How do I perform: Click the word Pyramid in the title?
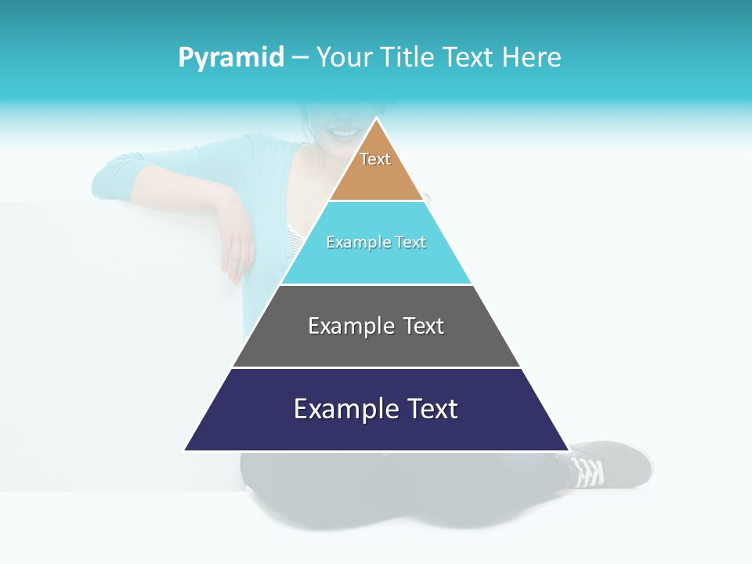231,57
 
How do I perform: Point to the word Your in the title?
343,57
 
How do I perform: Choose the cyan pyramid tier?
376,262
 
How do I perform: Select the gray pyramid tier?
376,345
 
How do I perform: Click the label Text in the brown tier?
375,159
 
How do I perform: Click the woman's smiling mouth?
342,132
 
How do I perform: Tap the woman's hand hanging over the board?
237,243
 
